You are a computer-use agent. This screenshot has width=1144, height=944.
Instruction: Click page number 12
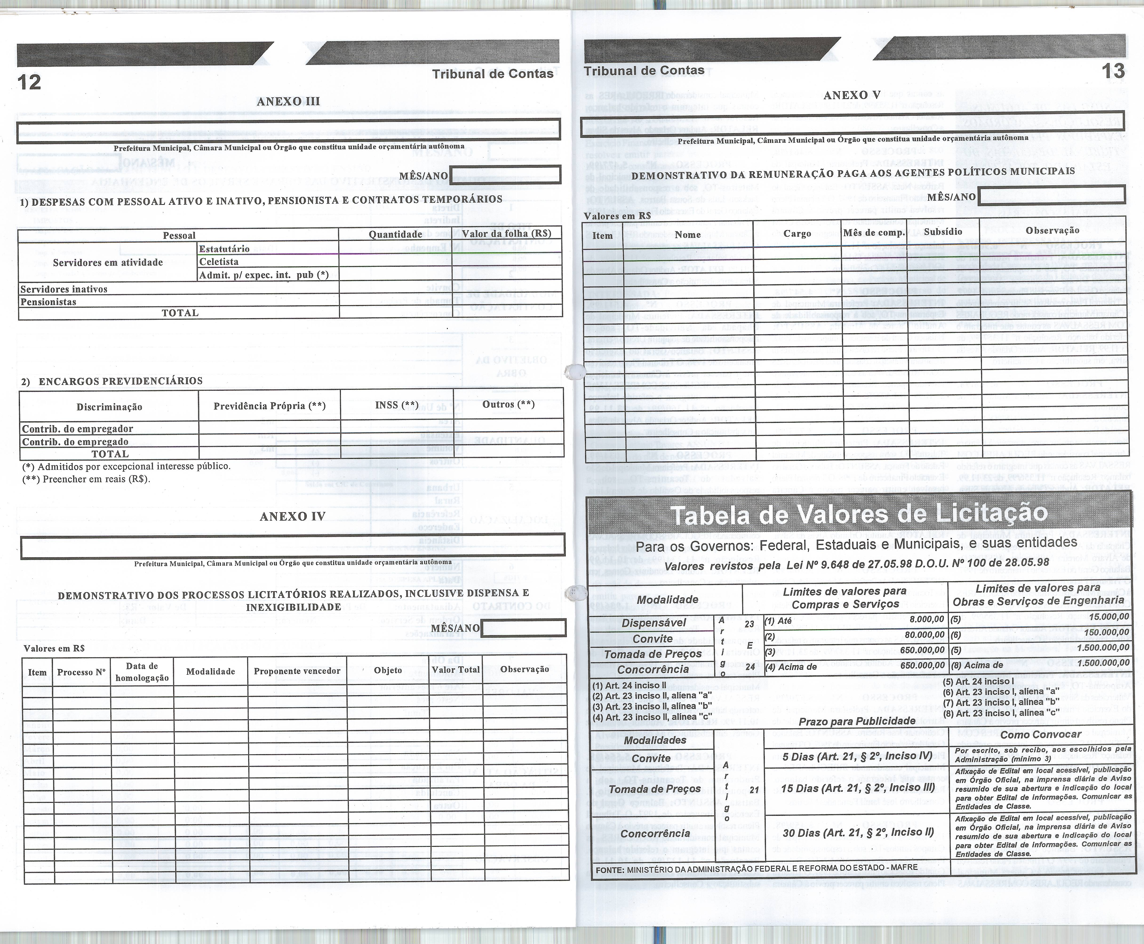coord(29,82)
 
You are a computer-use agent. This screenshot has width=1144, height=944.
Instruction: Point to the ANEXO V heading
coord(852,95)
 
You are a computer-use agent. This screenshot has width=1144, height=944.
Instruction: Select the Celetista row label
coord(219,262)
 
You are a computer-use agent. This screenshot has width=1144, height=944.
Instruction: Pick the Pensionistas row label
coord(48,302)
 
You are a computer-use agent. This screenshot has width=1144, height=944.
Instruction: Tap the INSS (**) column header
coord(396,405)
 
